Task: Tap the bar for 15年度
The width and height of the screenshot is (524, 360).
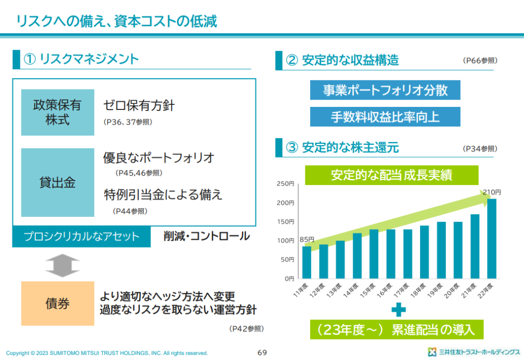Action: [374, 254]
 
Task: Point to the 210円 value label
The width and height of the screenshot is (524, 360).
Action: [492, 192]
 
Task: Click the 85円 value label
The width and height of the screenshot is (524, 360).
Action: [307, 239]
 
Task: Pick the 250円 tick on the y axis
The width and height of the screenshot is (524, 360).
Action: [286, 184]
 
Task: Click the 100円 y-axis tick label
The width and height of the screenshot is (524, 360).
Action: [286, 241]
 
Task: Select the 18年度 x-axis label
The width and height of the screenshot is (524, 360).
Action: [421, 289]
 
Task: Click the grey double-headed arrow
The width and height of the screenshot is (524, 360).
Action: [62, 264]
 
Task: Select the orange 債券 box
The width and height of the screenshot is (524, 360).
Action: [58, 303]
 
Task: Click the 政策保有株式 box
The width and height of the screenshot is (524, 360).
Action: [58, 112]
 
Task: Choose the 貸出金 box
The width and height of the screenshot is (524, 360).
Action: [58, 183]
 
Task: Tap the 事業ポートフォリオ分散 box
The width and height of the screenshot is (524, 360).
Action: [385, 90]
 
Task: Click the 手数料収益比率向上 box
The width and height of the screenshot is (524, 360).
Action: [385, 117]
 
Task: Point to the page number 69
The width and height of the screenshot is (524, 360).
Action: [262, 352]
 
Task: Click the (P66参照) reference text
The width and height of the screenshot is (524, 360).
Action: [479, 61]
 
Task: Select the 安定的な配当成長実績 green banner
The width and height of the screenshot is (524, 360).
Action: [391, 175]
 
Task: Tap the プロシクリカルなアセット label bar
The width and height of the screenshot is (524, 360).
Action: [82, 237]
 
